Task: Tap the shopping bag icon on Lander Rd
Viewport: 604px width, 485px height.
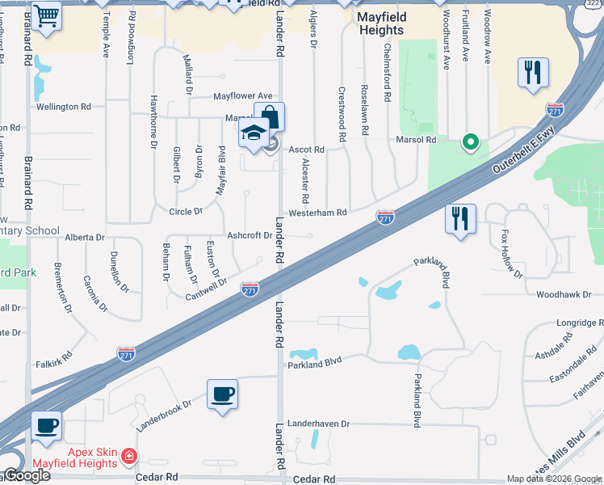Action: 269,116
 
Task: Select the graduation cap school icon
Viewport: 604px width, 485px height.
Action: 254,133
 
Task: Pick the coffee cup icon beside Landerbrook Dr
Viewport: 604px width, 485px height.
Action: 222,394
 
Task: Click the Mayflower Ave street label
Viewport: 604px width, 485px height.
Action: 243,96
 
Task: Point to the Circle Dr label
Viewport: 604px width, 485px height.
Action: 185,212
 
